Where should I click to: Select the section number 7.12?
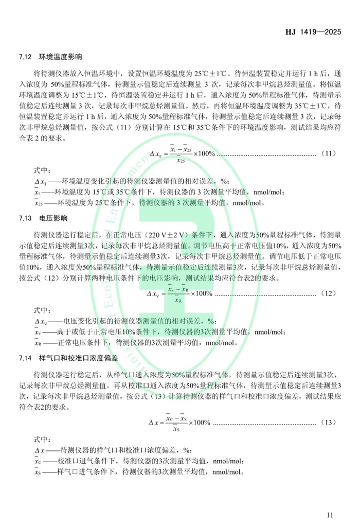[26, 56]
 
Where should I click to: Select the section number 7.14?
[26, 358]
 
